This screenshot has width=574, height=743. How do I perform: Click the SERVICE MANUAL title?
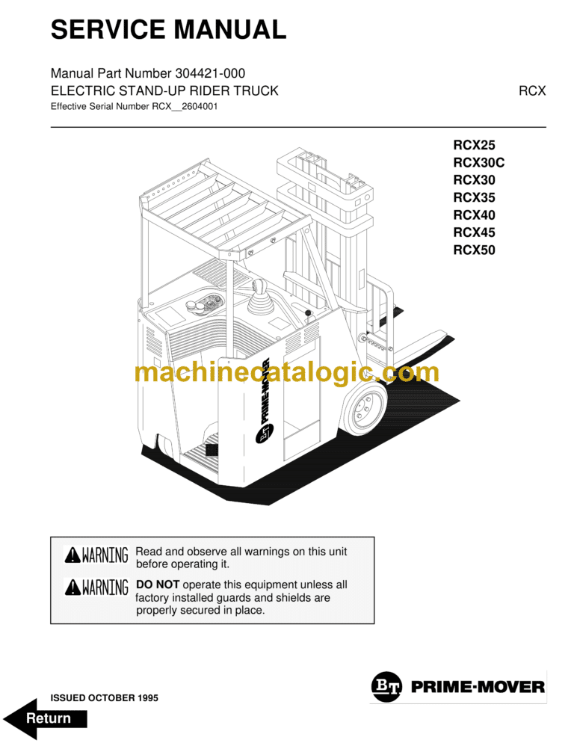coord(168,30)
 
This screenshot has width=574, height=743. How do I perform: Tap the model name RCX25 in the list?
coord(474,146)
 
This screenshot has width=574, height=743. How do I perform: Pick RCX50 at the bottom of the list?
coord(474,250)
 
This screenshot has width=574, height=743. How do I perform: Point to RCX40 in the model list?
coord(474,215)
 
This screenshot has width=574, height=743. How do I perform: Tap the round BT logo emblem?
coord(386,686)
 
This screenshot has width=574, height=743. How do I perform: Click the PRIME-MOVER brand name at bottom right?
coord(478,686)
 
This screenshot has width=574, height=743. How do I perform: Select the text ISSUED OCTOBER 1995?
coord(104,697)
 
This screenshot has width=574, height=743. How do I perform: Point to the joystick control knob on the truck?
coord(262,288)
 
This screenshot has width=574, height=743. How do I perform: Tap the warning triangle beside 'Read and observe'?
coord(72,555)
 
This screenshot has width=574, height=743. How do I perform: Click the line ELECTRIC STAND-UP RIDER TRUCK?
coord(164,90)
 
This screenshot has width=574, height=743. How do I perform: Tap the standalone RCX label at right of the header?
coord(532,90)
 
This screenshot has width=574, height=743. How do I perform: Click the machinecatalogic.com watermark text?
coord(287,372)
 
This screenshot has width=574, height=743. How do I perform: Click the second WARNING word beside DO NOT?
coord(105,588)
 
